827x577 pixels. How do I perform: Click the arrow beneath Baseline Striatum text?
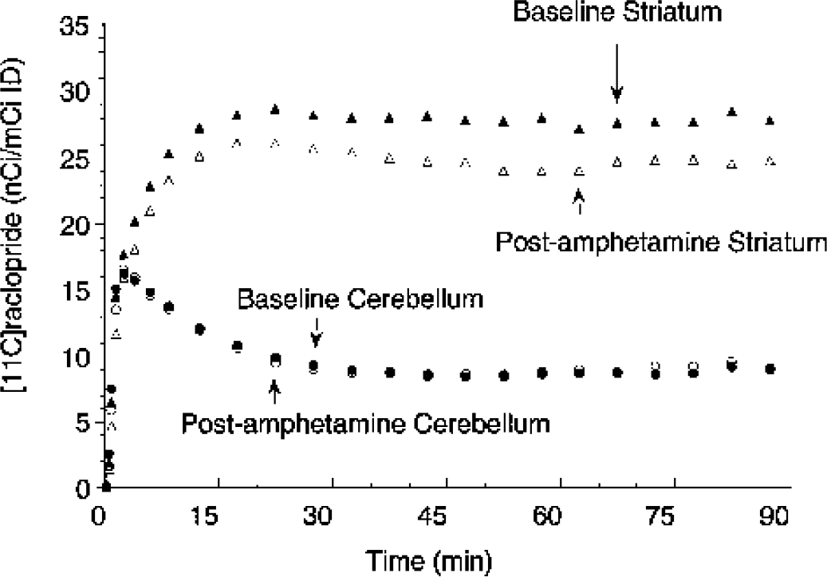pos(616,84)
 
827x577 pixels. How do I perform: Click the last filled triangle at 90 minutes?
pos(770,121)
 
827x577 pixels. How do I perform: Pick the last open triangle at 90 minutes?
pos(770,161)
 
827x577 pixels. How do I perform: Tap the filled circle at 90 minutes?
pos(770,369)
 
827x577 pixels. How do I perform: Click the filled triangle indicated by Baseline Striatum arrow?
pos(616,124)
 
